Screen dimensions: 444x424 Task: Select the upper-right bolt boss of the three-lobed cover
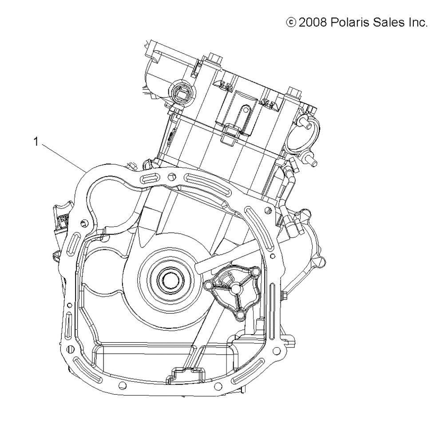click(x=255, y=271)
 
